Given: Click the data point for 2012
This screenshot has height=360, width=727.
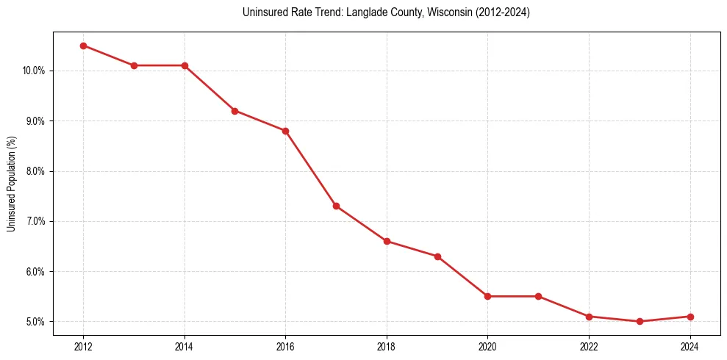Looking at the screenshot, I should tap(83, 46).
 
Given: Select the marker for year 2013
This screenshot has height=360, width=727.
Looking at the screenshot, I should tap(134, 65).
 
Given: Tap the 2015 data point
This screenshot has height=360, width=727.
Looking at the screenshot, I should tap(234, 111).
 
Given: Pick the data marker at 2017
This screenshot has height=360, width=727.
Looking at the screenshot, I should tap(336, 206).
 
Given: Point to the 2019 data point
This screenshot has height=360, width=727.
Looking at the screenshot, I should tap(437, 256).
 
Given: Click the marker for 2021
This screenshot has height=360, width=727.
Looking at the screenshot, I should tap(538, 296).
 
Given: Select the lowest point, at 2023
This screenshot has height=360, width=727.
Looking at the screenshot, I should tap(640, 321).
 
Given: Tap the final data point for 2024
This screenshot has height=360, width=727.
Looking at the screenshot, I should tap(690, 317).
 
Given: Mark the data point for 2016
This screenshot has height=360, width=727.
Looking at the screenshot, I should tap(285, 131).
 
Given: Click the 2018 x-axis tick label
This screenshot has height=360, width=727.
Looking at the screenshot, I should tap(387, 348).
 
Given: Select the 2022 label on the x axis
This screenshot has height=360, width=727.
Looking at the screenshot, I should tap(589, 348).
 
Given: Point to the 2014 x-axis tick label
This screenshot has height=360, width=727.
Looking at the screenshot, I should tap(185, 348).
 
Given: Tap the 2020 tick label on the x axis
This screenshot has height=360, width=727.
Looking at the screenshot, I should tap(487, 348).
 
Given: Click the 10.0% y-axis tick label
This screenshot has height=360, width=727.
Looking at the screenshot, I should tap(35, 71).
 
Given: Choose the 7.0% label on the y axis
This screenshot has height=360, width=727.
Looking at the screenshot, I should tap(36, 221).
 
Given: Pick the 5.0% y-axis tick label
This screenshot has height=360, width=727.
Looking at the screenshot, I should tap(36, 322).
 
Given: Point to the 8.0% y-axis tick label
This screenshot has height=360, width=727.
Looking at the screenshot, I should tap(36, 171).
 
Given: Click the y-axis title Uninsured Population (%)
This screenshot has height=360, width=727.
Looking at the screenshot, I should tap(11, 184).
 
